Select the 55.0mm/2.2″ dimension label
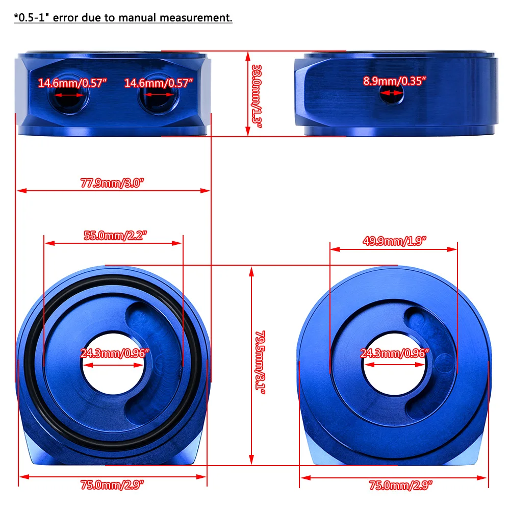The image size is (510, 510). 115,236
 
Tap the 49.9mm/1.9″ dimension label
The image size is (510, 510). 394,241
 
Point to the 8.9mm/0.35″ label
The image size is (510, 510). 394,81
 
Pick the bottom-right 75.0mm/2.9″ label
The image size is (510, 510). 401,486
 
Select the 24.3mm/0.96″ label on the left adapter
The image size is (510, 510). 114,352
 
